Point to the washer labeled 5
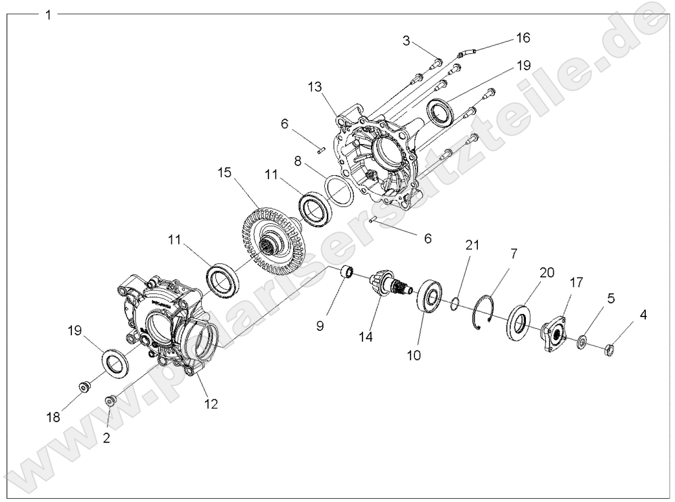[x=583, y=341]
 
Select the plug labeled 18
[x=84, y=387]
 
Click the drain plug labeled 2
[x=111, y=401]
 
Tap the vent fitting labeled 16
[x=466, y=51]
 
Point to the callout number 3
[x=407, y=42]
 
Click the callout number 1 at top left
[x=47, y=15]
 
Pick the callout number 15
[x=224, y=174]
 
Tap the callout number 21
[x=472, y=245]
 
